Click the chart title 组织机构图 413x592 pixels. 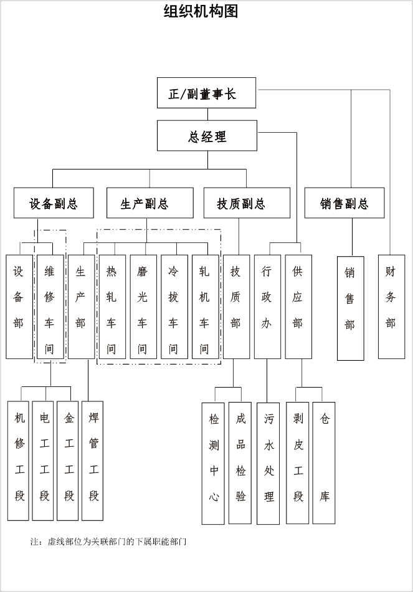201,11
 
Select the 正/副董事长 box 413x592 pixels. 206,93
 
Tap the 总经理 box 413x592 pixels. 206,136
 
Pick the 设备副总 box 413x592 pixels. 54,203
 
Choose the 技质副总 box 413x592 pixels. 247,203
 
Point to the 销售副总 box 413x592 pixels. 344,203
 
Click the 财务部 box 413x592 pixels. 391,306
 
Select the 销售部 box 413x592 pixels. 350,308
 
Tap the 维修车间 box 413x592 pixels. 50,306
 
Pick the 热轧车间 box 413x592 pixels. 112,306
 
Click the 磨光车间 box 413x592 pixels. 143,306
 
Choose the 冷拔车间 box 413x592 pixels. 174,306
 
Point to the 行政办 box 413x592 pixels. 267,306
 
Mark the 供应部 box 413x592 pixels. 298,306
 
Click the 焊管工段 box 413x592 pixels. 93,460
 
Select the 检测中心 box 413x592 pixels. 214,463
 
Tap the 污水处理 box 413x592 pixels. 268,463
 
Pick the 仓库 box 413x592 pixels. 325,460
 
